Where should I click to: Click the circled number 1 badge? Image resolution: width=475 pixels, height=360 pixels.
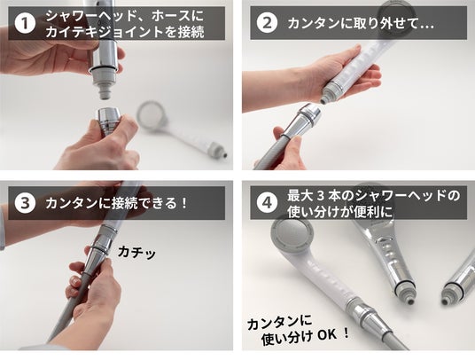coord(25,23)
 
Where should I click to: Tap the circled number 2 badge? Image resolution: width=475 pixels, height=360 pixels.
coord(267,23)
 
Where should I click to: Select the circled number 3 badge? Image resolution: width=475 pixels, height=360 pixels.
coord(25,203)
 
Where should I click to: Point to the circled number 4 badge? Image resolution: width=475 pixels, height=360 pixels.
coord(267,203)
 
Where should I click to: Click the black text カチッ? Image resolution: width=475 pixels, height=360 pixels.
coord(136,253)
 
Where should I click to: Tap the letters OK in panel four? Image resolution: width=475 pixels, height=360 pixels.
coord(326,335)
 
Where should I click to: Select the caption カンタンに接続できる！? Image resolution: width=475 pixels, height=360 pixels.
coord(116,203)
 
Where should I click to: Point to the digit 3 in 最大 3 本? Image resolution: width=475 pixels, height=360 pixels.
coord(321,196)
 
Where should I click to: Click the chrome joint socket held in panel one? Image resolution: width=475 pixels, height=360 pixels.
coord(108,121)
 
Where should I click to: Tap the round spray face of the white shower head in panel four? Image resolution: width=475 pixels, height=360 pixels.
coord(292,235)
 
